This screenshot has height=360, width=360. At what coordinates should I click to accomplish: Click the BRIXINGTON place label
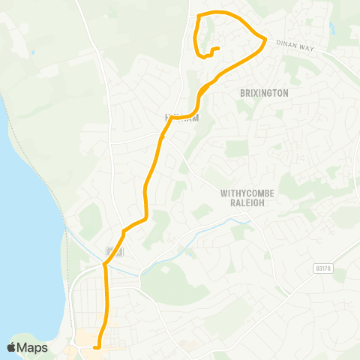pos(264,93)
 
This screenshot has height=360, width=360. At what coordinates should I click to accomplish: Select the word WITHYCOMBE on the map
pos(247,193)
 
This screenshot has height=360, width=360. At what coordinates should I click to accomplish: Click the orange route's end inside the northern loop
pos(217,49)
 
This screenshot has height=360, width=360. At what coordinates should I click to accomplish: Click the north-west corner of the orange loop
pos(198,16)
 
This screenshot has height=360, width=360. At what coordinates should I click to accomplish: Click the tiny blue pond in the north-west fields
pos(32,52)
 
